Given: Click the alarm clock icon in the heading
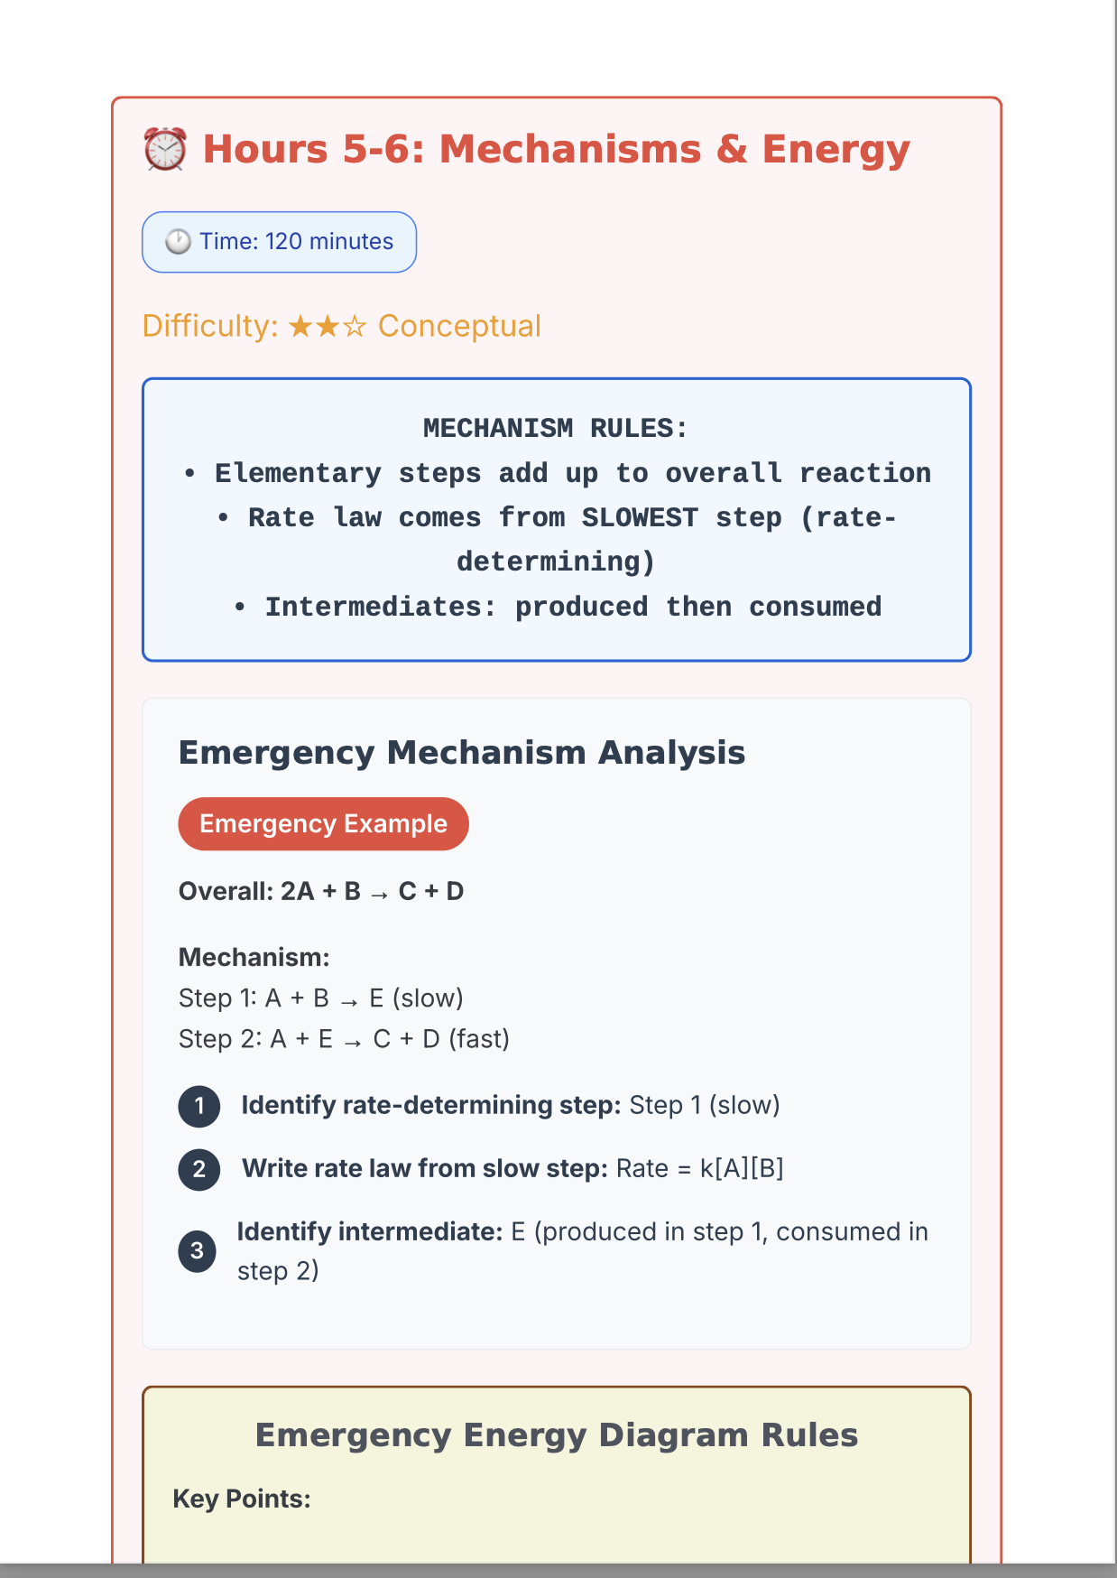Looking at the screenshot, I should tap(165, 150).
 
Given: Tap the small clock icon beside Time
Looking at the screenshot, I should tap(178, 242).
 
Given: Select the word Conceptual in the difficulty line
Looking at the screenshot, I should tap(459, 326).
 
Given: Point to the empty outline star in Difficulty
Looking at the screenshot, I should tap(355, 327).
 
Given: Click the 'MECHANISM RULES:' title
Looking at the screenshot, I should tap(556, 428).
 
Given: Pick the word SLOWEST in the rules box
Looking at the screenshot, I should tap(640, 517).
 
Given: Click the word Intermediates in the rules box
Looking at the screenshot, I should tap(380, 607).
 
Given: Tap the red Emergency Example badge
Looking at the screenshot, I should tap(323, 823).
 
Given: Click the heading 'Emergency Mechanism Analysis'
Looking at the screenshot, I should tap(462, 752).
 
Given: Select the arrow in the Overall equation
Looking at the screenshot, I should tap(380, 893).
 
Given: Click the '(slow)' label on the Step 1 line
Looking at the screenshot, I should tap(428, 998).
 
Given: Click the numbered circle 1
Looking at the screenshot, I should tap(199, 1106).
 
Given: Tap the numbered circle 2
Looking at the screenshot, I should tap(199, 1169).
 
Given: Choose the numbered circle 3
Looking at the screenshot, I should tap(198, 1251).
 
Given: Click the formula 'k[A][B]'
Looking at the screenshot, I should tap(742, 1168).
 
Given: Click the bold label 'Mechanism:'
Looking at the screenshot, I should tap(254, 957).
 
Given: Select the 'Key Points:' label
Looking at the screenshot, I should tap(242, 1499).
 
